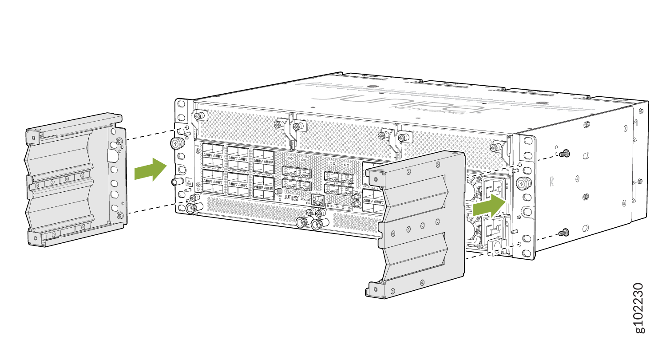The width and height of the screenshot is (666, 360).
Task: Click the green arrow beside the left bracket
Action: pyautogui.click(x=150, y=170)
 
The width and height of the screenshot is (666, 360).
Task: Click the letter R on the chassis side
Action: pyautogui.click(x=552, y=182)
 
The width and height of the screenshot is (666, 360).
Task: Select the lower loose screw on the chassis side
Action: pyautogui.click(x=564, y=232)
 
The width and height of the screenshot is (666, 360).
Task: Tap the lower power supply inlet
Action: pyautogui.click(x=494, y=229)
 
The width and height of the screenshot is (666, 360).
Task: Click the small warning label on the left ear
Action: pyautogui.click(x=188, y=182)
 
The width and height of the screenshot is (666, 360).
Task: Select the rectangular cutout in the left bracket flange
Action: pyautogui.click(x=111, y=154)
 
